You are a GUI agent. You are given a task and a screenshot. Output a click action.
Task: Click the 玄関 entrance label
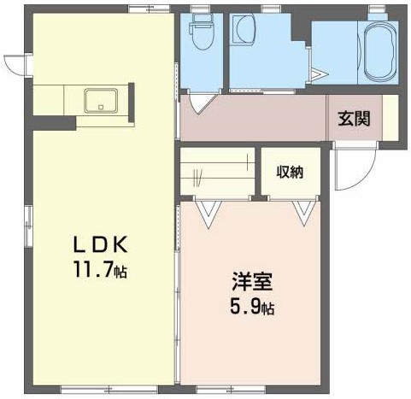pyautogui.click(x=353, y=118)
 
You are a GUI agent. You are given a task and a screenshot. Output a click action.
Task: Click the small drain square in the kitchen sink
pyautogui.click(x=103, y=108)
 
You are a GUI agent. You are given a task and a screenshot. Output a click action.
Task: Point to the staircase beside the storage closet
pyautogui.click(x=217, y=173)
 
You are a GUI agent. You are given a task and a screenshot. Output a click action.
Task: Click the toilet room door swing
pyautogui.click(x=201, y=102)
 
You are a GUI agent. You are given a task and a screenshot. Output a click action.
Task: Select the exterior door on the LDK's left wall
pyautogui.click(x=17, y=65)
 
